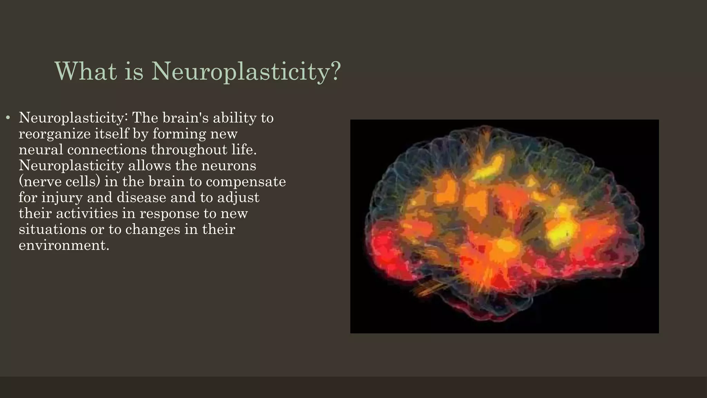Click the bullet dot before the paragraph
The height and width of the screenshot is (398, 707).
click(x=8, y=118)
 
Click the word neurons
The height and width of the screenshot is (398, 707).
click(x=229, y=165)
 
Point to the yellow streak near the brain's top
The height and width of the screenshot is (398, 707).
click(x=488, y=168)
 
